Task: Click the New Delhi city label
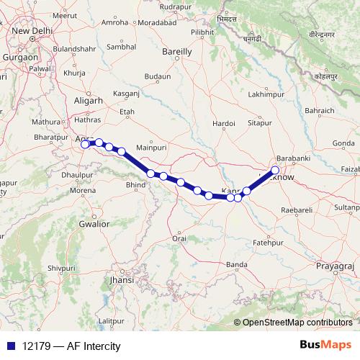click(x=30, y=31)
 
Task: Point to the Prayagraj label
click(x=336, y=266)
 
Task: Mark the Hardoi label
click(x=225, y=124)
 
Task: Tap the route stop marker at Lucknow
click(x=274, y=171)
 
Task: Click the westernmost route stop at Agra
click(x=85, y=144)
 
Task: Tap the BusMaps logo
click(x=325, y=345)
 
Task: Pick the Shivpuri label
click(x=41, y=268)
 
